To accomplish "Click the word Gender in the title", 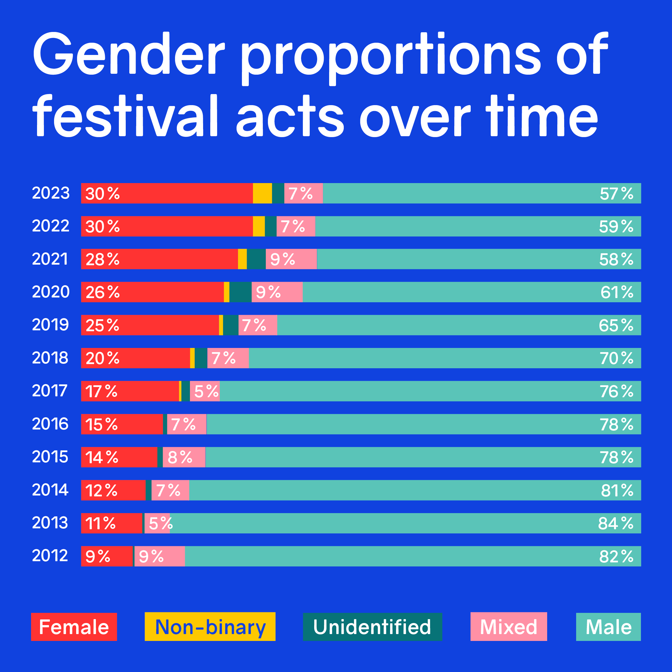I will tap(129, 54).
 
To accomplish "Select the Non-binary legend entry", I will tap(210, 627).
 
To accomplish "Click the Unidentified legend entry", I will tap(372, 627).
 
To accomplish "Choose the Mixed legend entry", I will tap(509, 627).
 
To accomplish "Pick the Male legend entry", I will tap(608, 627).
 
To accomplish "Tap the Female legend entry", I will tap(74, 627).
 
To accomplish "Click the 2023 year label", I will tap(51, 193).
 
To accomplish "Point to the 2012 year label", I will tap(50, 556).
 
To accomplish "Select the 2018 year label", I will tap(50, 358).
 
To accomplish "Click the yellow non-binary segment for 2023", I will tap(262, 193).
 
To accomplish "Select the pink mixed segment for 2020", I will tap(277, 292).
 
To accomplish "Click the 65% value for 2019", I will tap(616, 325).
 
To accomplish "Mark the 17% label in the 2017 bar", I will tap(101, 391).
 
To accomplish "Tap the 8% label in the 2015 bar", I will tap(180, 457).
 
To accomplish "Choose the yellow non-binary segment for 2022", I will tap(259, 226).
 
